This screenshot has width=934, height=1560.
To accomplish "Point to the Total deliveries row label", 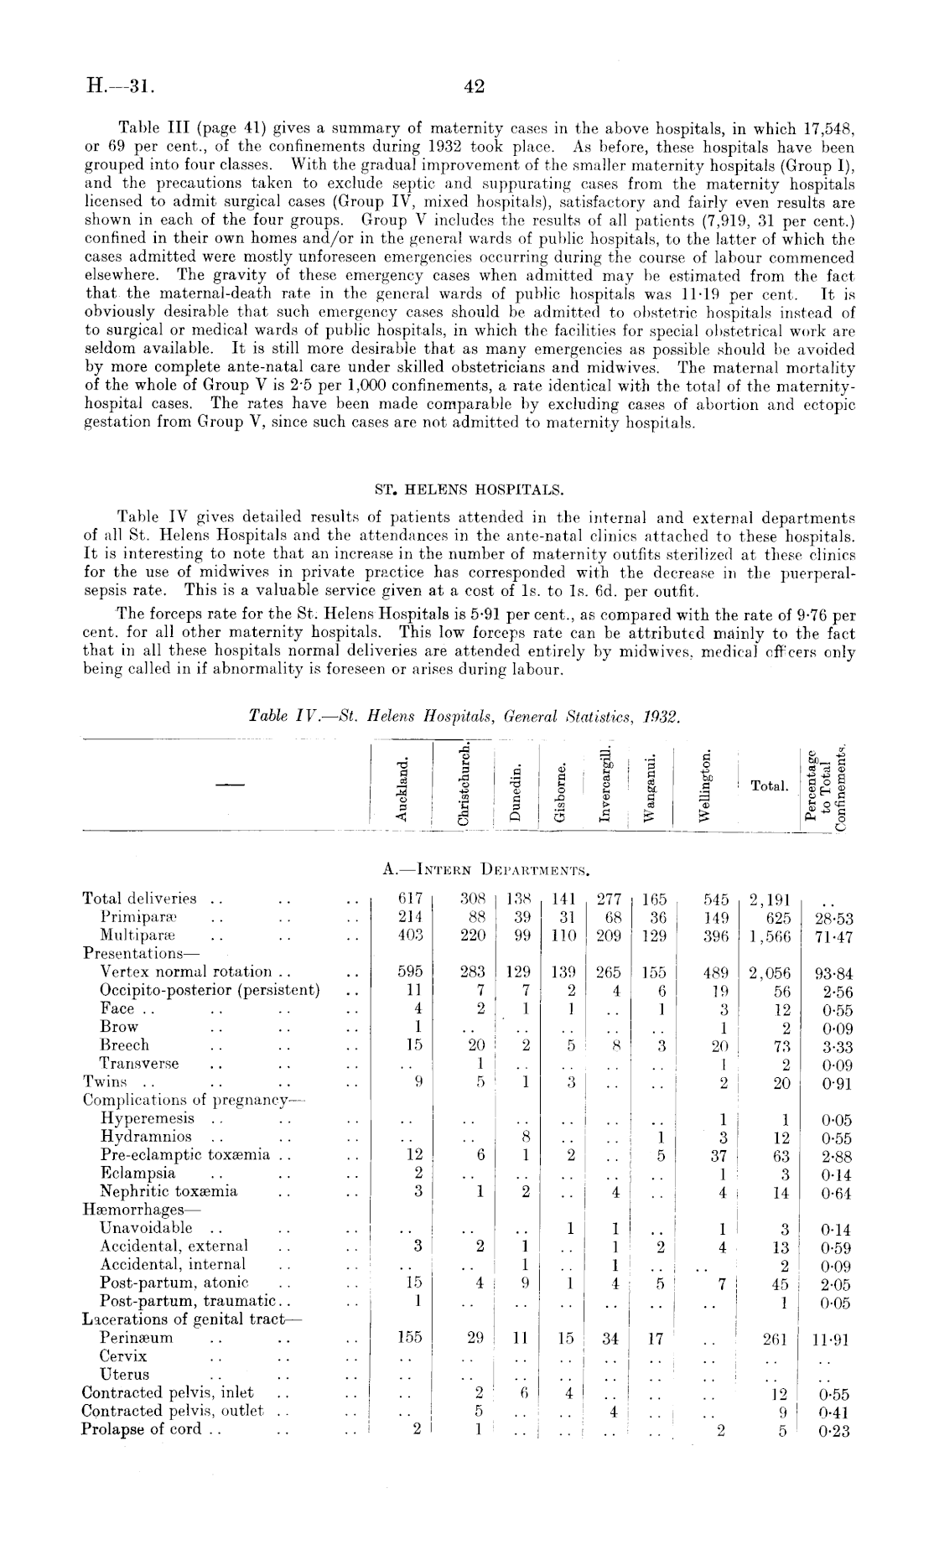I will pos(139,899).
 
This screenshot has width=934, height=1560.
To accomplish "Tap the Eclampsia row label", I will pos(138,1173).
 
